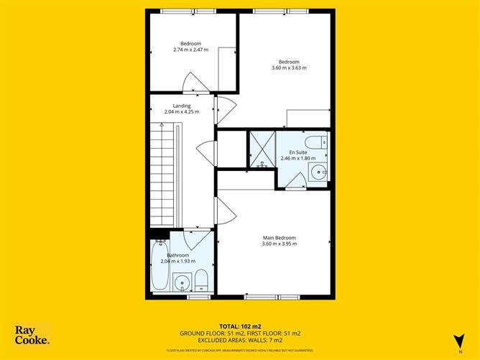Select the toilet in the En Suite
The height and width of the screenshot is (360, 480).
point(320,142)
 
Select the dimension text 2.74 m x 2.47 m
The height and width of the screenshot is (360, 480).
point(190,50)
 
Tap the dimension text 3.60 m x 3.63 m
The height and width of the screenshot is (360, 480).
point(289,68)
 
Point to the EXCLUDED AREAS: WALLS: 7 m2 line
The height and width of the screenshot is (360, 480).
point(239,340)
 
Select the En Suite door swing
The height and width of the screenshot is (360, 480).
point(295,181)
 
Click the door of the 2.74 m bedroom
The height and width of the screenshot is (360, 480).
point(195,83)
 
